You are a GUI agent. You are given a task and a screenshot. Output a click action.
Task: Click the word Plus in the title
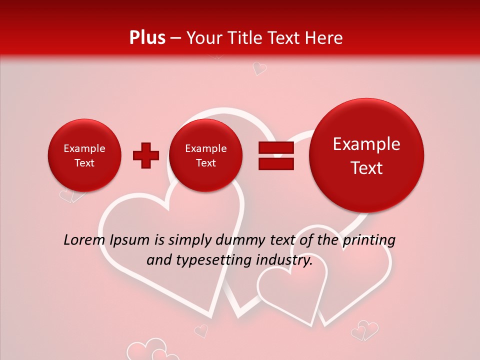point(147,38)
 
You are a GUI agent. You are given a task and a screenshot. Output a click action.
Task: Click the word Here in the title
point(324,38)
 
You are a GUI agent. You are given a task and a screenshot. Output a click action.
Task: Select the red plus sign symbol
point(146,155)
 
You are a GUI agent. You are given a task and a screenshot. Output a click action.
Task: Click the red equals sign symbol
point(276,155)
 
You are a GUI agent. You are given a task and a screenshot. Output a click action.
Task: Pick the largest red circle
point(366,155)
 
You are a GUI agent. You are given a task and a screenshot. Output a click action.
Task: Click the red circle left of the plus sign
point(84,155)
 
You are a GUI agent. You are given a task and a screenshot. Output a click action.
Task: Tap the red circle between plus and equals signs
point(205,155)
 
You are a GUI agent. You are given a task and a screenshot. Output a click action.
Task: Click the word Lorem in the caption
point(83,240)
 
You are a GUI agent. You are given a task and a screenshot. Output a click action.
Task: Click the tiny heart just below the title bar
point(258,68)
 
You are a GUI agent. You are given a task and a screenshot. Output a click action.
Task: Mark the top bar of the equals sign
point(276,147)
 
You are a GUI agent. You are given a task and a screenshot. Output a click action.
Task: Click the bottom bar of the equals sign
point(276,163)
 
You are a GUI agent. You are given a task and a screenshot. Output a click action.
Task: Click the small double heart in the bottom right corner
point(364,331)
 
